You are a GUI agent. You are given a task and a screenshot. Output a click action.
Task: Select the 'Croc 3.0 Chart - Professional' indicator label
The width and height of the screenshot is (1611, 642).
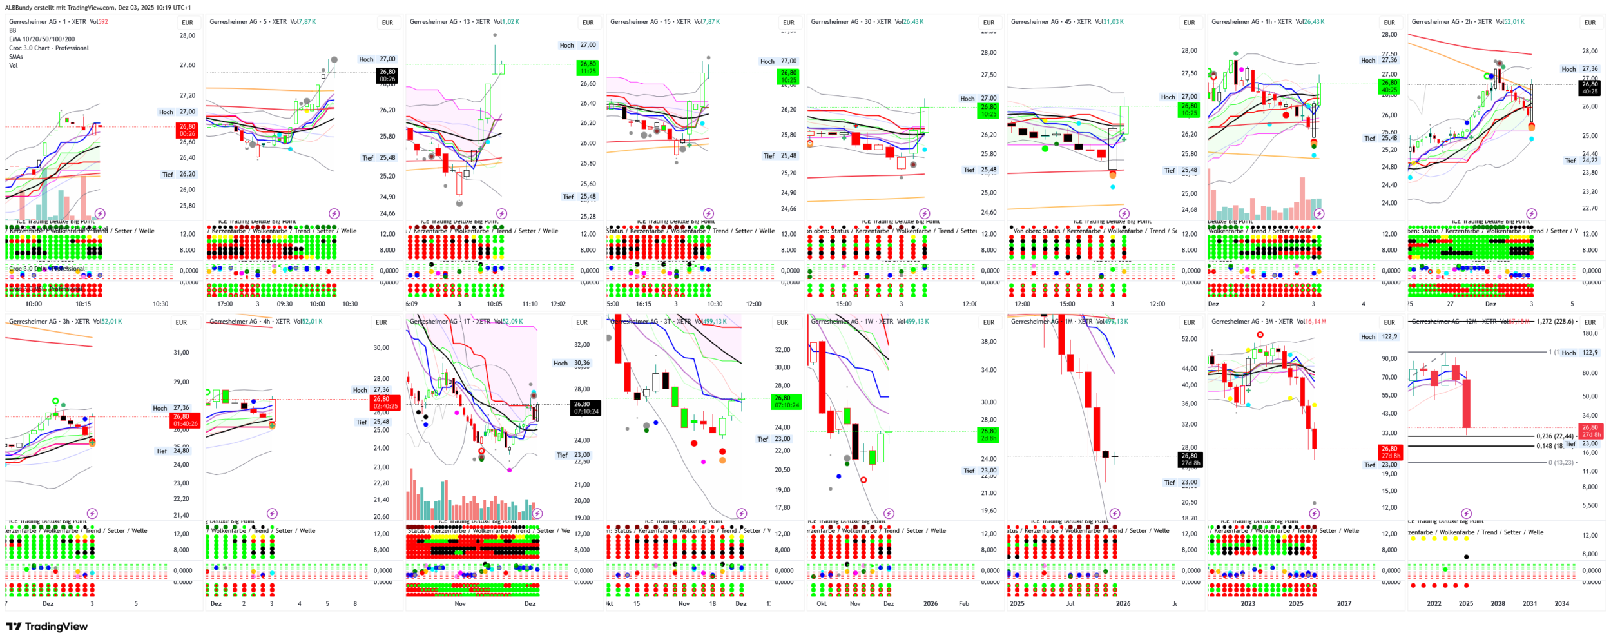pyautogui.click(x=49, y=48)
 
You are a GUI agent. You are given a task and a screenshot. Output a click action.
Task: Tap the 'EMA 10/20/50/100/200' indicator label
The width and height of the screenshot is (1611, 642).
pyautogui.click(x=42, y=39)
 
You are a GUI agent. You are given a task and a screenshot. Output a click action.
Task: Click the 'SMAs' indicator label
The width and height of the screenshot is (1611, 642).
pyautogui.click(x=16, y=57)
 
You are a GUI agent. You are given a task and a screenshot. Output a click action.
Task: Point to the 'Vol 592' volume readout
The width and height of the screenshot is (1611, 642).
pyautogui.click(x=99, y=22)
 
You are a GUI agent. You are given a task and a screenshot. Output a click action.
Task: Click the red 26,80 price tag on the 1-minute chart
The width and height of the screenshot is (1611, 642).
pyautogui.click(x=188, y=130)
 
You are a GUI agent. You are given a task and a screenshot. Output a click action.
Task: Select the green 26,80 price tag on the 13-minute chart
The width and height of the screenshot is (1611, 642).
pyautogui.click(x=588, y=68)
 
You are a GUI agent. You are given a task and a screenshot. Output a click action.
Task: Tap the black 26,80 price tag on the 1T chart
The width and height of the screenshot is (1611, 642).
pyautogui.click(x=586, y=408)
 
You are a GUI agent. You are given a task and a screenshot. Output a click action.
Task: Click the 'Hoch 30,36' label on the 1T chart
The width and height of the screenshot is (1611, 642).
pyautogui.click(x=572, y=364)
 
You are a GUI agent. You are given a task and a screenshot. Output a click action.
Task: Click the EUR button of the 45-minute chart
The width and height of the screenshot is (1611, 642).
pyautogui.click(x=1189, y=23)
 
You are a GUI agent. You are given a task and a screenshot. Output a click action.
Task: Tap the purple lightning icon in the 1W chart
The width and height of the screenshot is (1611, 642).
pyautogui.click(x=889, y=514)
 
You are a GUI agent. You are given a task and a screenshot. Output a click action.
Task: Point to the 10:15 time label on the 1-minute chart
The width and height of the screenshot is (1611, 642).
pyautogui.click(x=83, y=304)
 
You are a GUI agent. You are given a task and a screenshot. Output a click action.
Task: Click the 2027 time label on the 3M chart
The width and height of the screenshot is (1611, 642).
pyautogui.click(x=1344, y=604)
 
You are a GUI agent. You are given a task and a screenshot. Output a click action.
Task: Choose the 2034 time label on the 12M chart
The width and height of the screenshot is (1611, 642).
pyautogui.click(x=1561, y=604)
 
